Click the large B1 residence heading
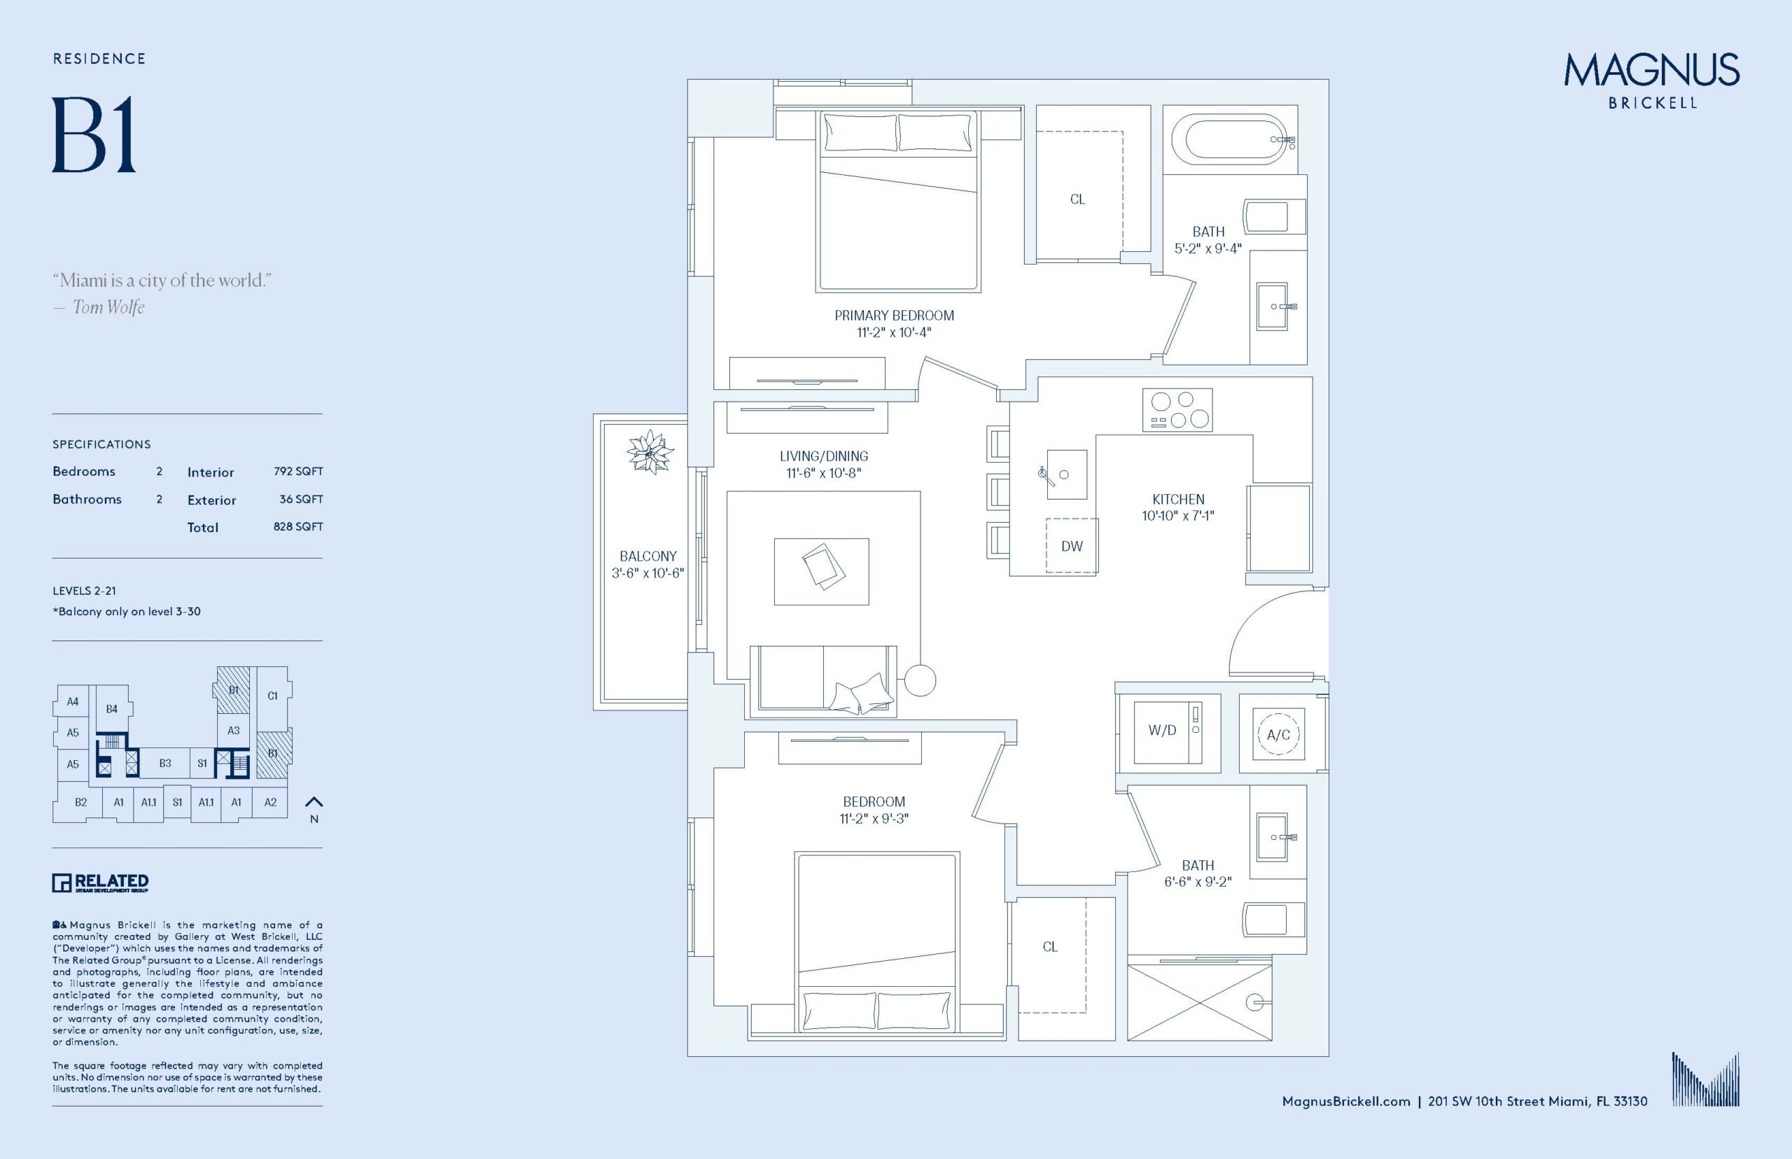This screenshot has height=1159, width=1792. pyautogui.click(x=94, y=136)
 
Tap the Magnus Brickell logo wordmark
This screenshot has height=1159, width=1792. pyautogui.click(x=1651, y=80)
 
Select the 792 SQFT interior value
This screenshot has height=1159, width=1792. pyautogui.click(x=298, y=472)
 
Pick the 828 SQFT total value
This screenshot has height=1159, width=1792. pyautogui.click(x=298, y=527)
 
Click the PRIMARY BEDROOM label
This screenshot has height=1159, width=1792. pyautogui.click(x=893, y=316)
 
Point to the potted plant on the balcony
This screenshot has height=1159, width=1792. pyautogui.click(x=648, y=451)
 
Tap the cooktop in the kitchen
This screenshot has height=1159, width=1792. pyautogui.click(x=1177, y=410)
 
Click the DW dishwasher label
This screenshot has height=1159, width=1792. pyautogui.click(x=1072, y=547)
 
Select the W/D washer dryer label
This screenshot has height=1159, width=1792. pyautogui.click(x=1162, y=730)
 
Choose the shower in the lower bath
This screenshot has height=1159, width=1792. pyautogui.click(x=1200, y=1001)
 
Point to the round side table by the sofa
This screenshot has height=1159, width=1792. pyautogui.click(x=920, y=680)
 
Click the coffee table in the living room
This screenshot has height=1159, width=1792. pyautogui.click(x=821, y=571)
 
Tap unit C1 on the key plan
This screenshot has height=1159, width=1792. pyautogui.click(x=272, y=696)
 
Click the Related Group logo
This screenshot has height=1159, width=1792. pyautogui.click(x=100, y=882)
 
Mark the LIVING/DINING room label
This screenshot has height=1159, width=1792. pyautogui.click(x=823, y=456)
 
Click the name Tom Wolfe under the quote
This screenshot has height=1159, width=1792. pyautogui.click(x=108, y=307)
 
